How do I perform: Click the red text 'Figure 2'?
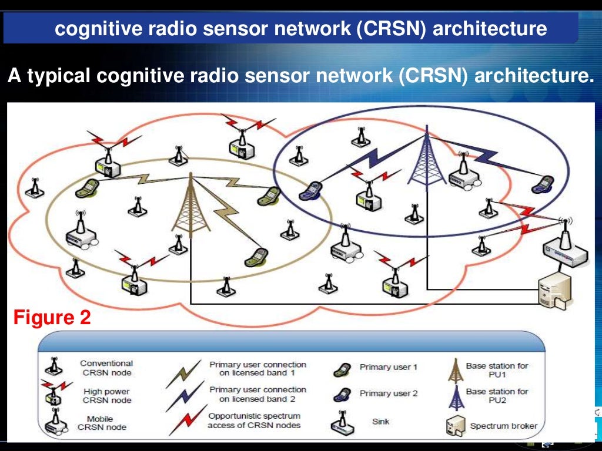point(52,318)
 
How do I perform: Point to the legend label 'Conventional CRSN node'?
point(106,368)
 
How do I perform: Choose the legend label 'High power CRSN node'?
point(106,395)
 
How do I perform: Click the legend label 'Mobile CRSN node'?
point(104,422)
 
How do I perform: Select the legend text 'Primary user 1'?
point(388,367)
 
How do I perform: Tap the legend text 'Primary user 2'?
point(388,393)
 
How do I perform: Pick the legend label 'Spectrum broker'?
point(503,426)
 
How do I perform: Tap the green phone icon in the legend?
point(341,368)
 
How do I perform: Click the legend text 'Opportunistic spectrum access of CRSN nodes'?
point(254,420)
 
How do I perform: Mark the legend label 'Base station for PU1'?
point(497,369)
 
